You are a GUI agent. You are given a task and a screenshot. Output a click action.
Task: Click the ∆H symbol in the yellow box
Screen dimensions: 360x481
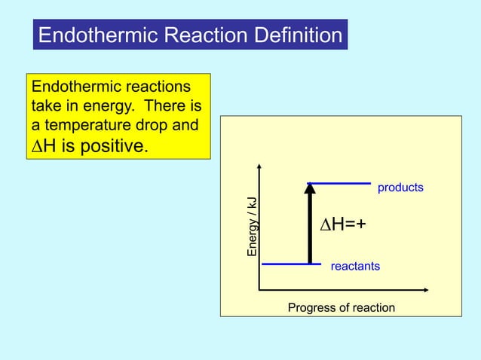42,145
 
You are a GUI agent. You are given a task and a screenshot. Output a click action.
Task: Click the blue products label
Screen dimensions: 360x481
400,187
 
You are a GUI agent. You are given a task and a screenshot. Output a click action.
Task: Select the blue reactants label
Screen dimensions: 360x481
355,267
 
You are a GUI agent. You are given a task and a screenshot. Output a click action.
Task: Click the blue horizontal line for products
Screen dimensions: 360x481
339,182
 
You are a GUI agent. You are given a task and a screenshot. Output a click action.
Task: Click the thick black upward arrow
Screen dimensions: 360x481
309,226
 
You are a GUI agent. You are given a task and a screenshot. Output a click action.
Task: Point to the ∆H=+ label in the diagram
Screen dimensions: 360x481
342,224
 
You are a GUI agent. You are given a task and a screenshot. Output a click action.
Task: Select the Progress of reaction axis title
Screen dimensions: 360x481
341,307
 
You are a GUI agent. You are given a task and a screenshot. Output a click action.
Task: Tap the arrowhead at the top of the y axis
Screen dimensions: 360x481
259,166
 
